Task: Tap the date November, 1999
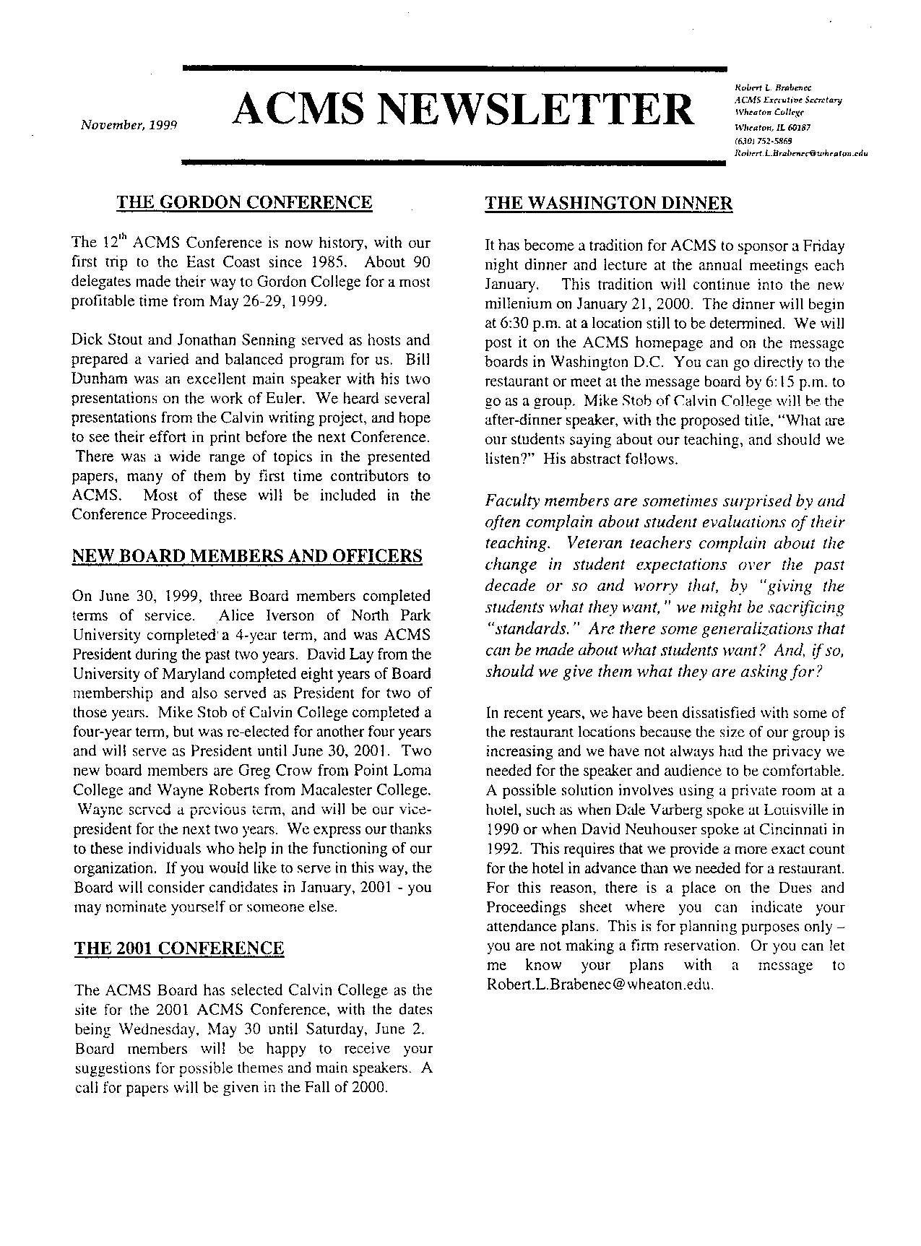(129, 124)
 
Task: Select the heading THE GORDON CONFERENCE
(245, 202)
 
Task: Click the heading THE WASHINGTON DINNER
(609, 203)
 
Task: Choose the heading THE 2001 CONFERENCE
(179, 948)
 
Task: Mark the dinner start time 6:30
(510, 323)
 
